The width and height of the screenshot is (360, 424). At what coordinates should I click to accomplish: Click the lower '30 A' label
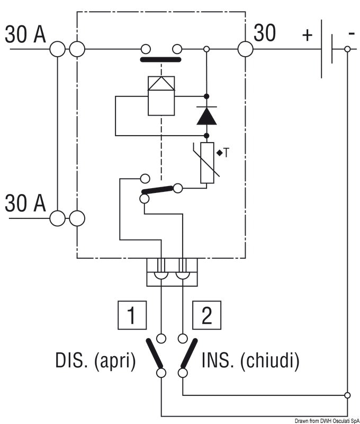coord(25,203)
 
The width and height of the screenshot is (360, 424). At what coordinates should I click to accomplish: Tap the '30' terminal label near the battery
coord(265,33)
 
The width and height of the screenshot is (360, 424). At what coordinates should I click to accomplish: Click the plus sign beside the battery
coord(307,35)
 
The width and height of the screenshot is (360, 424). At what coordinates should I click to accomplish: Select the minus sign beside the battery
coord(351,33)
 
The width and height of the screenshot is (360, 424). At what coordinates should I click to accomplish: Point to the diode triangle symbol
coord(206,116)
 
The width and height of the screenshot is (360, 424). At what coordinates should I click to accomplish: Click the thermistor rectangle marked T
coord(207,163)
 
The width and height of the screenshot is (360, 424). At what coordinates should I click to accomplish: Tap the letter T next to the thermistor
coord(226,153)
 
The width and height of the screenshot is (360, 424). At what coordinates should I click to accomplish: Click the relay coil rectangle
coord(161,95)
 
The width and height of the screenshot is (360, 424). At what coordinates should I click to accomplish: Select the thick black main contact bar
coord(161,59)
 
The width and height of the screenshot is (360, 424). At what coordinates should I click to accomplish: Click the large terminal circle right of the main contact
coord(245,49)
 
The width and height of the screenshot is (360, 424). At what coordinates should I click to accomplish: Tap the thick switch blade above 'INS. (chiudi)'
coord(189,354)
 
